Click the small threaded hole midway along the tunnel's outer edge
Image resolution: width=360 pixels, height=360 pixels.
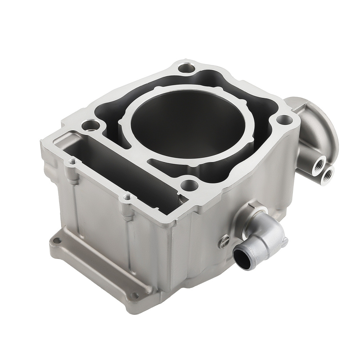pos(126,197)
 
